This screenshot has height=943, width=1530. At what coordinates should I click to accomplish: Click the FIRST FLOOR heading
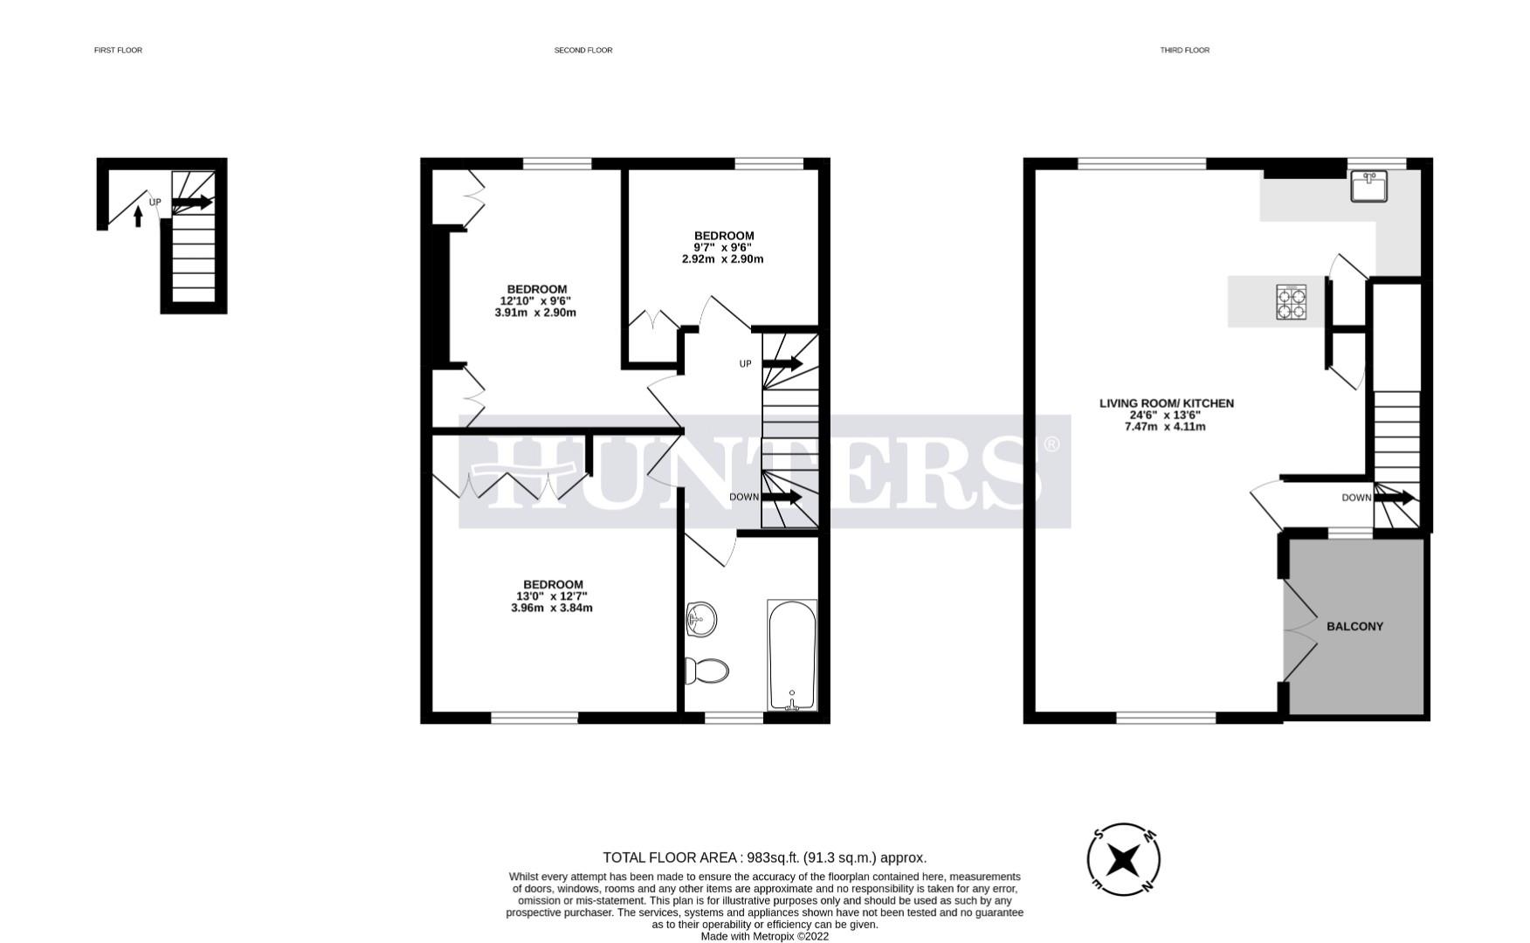(118, 50)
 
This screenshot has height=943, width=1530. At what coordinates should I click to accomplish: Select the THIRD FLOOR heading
(1184, 50)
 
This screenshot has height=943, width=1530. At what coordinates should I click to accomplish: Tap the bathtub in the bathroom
(792, 655)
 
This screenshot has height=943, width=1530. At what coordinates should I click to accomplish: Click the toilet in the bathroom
(708, 671)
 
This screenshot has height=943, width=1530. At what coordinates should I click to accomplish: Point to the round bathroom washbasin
(700, 620)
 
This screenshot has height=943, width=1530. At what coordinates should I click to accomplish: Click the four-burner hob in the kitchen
(1292, 301)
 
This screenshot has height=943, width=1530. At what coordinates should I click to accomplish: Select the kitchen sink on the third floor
(1368, 186)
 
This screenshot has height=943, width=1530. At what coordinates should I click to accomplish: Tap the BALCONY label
(1354, 626)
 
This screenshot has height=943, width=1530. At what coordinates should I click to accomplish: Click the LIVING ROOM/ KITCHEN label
(1166, 403)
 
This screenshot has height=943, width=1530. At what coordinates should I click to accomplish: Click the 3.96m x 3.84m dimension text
(551, 608)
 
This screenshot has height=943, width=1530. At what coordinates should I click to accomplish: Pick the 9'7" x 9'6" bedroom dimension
(723, 247)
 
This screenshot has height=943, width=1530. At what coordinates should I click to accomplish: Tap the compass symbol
(1124, 860)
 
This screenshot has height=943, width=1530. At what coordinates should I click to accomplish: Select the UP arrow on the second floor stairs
(782, 363)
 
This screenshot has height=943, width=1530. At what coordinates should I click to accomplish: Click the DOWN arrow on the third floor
(1395, 498)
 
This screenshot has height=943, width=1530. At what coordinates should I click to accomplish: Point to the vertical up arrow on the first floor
(138, 216)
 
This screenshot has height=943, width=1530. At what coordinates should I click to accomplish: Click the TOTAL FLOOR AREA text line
(764, 857)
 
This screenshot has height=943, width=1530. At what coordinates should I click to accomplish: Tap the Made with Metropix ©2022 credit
(764, 936)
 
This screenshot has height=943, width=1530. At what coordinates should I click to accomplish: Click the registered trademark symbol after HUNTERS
(1051, 444)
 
